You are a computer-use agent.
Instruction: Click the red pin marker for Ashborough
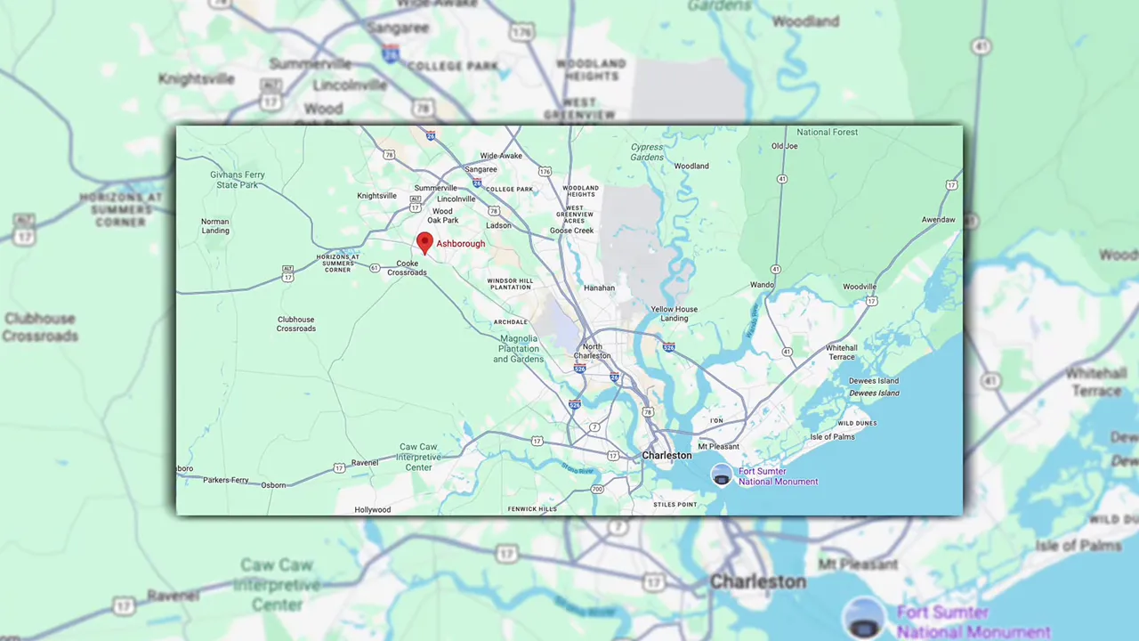(424, 242)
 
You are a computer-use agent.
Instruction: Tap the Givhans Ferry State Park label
(238, 180)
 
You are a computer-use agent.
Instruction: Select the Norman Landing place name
(215, 226)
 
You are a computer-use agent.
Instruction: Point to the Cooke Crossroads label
(407, 268)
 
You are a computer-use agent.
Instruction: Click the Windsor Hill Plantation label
(510, 284)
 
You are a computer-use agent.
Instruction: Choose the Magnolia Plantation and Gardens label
(518, 348)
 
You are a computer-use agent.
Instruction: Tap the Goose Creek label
(571, 231)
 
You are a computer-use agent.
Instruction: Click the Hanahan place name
(599, 288)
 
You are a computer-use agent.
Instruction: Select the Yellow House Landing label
(674, 313)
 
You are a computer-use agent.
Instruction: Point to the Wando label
(761, 285)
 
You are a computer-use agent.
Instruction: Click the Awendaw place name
(938, 219)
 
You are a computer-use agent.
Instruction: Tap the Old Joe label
(784, 146)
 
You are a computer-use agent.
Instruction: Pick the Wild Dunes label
(857, 423)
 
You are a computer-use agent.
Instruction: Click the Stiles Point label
(675, 505)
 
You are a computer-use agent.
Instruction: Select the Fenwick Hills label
(532, 509)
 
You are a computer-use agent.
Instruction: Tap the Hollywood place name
(373, 510)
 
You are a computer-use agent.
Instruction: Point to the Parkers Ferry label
(226, 480)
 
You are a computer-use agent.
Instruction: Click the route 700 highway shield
(597, 489)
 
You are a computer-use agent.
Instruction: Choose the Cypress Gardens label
(647, 152)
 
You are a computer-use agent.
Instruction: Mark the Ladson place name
(498, 225)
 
